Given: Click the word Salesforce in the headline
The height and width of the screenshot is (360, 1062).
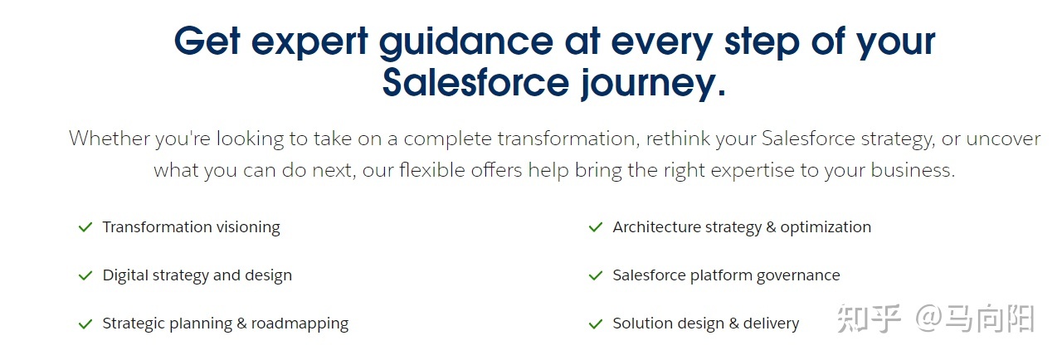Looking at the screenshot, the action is [475, 82].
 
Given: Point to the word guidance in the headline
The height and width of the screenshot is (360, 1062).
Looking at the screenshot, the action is [466, 42].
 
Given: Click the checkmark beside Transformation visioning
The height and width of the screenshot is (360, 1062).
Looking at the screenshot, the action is [85, 227].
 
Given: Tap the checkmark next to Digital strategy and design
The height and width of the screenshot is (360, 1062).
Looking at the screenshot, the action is [85, 275].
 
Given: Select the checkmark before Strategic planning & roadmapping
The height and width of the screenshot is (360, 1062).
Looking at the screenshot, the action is [85, 324].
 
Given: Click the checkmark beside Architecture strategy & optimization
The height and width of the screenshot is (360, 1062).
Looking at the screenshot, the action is [596, 227].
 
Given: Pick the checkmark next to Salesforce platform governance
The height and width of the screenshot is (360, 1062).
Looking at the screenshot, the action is [596, 275].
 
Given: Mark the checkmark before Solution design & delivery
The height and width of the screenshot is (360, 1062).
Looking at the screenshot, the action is [596, 324].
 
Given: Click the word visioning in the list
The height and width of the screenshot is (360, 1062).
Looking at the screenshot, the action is [248, 227].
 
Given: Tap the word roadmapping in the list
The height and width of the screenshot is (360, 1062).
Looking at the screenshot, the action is [300, 324].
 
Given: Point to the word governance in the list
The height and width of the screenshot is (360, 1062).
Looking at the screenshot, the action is [798, 275].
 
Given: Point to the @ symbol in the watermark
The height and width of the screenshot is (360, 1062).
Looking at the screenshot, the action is [928, 318].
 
